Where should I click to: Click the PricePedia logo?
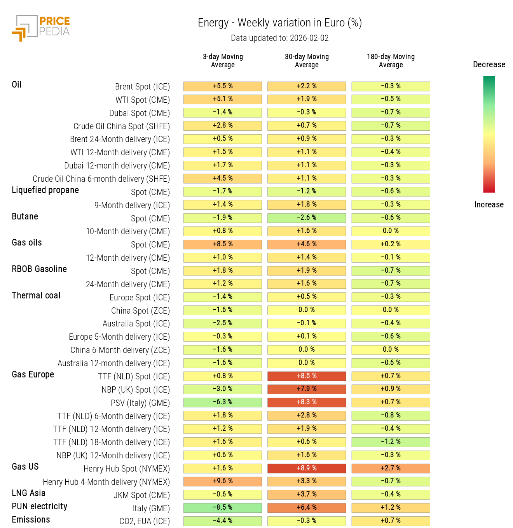pos(41,28)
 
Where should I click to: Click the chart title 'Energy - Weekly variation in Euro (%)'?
pos(279,23)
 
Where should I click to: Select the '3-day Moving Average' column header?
pos(223,61)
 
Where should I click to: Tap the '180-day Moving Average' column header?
pos(391,61)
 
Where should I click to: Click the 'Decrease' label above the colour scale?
pos(489,65)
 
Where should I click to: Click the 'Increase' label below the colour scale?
pos(489,205)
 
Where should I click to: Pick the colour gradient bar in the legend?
pos(489,134)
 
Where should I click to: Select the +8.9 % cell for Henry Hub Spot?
pos(307,468)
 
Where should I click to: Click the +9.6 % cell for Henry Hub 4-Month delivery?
pos(223,481)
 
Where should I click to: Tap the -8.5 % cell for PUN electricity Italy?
pos(223,508)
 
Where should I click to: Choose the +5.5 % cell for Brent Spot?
pos(223,86)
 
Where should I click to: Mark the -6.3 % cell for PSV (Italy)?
pos(223,402)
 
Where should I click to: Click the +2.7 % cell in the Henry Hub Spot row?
pos(391,468)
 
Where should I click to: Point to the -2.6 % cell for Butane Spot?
pos(307,218)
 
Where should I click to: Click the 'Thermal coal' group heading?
pos(36,296)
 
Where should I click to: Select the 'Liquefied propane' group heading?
pos(45,190)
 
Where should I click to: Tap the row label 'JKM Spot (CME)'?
pos(141,495)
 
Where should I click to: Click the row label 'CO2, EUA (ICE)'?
pos(144,521)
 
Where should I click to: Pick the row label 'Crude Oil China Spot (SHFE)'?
pos(122,126)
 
